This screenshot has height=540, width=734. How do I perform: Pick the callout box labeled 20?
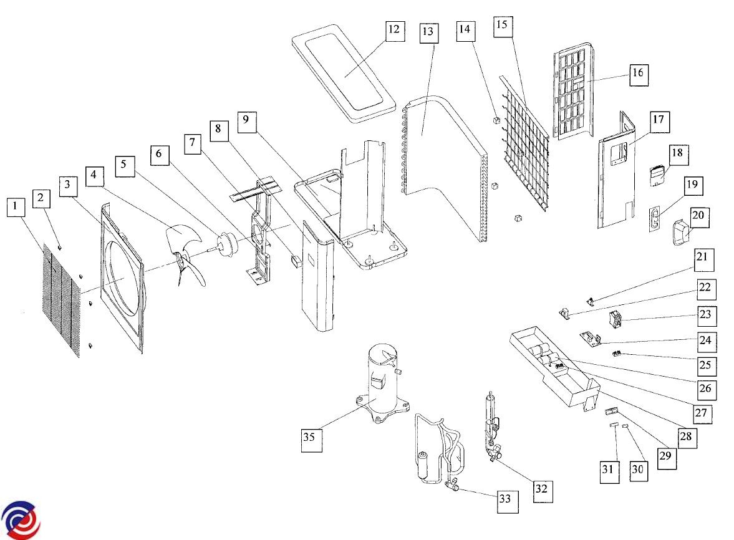click(698, 216)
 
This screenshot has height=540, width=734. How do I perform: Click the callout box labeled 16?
click(637, 74)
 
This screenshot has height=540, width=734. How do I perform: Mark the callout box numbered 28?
click(685, 437)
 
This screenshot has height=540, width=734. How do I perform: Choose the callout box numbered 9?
click(246, 122)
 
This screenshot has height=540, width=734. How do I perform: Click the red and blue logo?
click(20, 520)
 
